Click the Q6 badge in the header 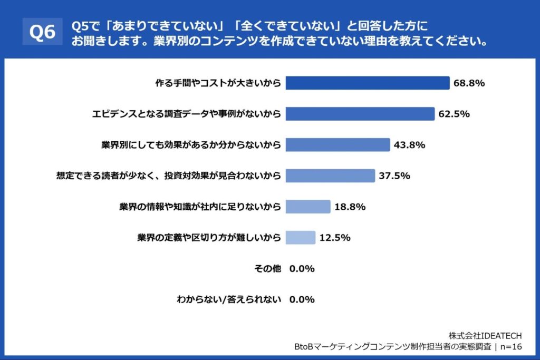[x=42, y=33]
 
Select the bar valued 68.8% [x=368, y=83]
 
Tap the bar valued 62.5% [x=360, y=114]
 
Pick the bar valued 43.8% [x=337, y=145]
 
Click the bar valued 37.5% [x=330, y=176]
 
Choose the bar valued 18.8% [x=308, y=207]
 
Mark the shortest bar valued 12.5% [x=301, y=238]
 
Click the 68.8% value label [x=469, y=83]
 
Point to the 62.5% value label [x=454, y=114]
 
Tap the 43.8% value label [x=410, y=145]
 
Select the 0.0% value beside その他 [x=302, y=269]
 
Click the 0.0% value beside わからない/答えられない [x=302, y=299]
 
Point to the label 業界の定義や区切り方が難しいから [x=209, y=238]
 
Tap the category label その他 [x=268, y=269]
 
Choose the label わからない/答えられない [x=229, y=299]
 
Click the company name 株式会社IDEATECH [x=485, y=336]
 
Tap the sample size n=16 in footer [x=510, y=346]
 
